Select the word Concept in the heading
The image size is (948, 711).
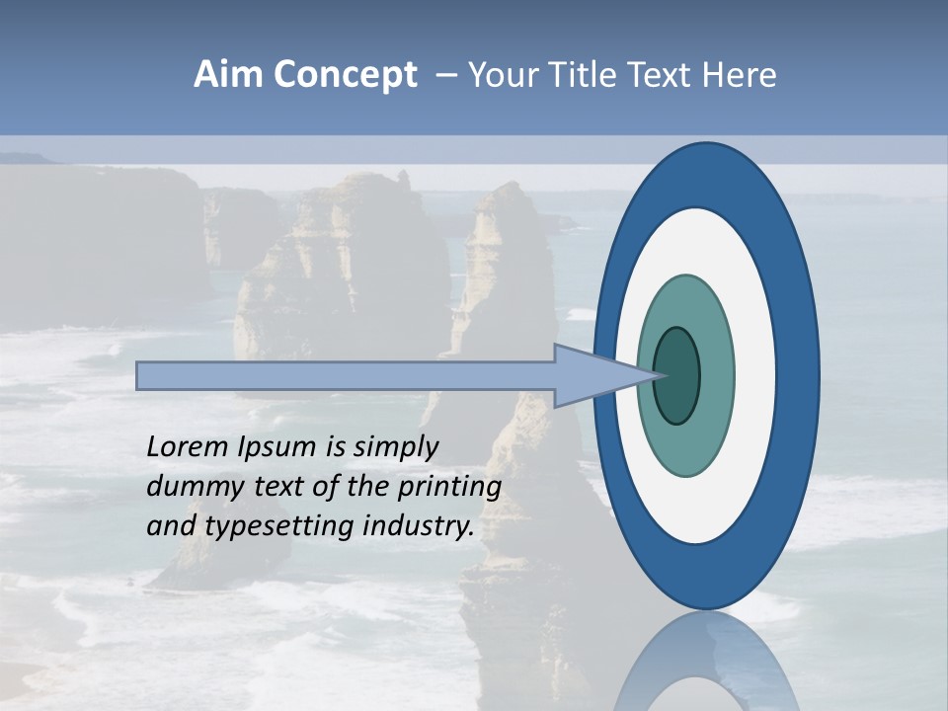[344, 75]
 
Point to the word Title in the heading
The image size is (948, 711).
[583, 75]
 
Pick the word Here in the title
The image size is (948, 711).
[739, 75]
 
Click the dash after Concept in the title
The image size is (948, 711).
[445, 76]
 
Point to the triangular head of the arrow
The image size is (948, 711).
[602, 376]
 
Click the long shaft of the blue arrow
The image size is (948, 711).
[346, 376]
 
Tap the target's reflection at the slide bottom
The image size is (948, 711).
[706, 667]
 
